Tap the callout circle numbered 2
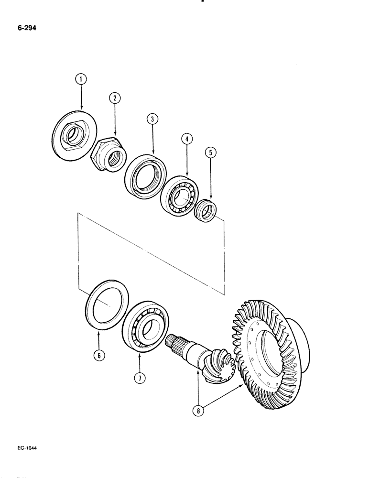[x=115, y=98]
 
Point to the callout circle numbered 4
[x=187, y=139]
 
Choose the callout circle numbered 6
[x=98, y=356]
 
